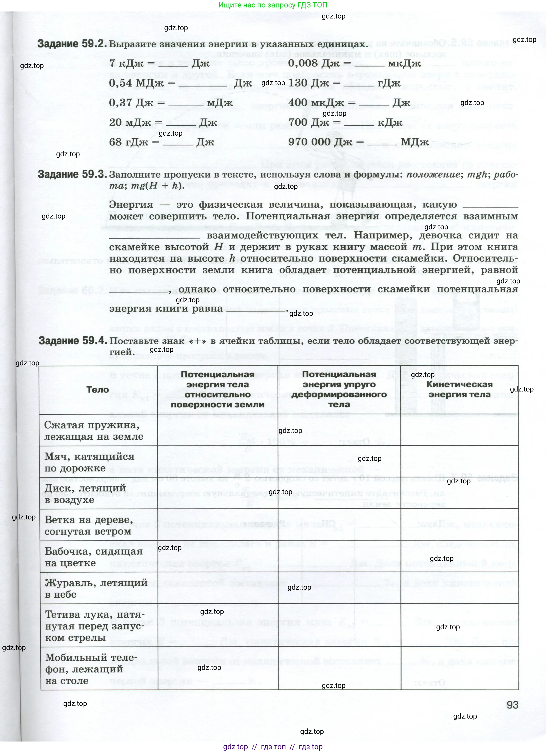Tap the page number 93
tap(512, 705)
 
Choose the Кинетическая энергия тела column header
tap(459, 389)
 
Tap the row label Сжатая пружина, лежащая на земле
tap(94, 431)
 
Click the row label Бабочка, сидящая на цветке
tap(94, 557)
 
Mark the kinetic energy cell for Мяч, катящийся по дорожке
tap(459, 462)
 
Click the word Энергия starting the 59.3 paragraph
tap(131, 205)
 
